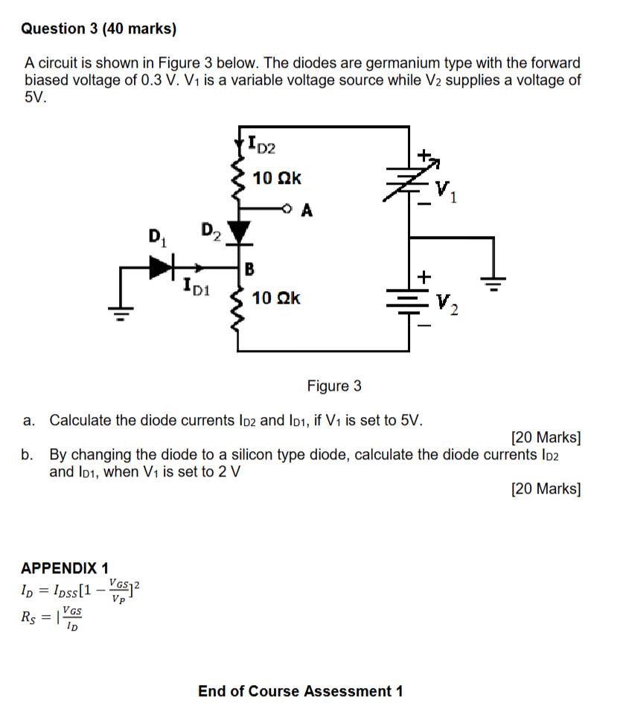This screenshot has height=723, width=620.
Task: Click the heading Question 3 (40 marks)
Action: (x=99, y=29)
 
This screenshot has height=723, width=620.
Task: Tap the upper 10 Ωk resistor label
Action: (x=277, y=179)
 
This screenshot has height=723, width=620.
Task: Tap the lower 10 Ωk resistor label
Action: (x=277, y=299)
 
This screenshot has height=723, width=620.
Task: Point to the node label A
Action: (x=307, y=211)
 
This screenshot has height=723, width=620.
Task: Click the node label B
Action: (x=250, y=268)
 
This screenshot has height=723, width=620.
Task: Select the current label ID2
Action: (x=261, y=143)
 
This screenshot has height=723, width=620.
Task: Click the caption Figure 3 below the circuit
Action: (x=334, y=386)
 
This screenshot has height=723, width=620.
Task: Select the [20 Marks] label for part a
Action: (x=546, y=437)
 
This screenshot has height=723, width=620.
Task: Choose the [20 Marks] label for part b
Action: (x=546, y=488)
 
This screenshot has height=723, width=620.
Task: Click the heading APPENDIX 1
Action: (x=65, y=569)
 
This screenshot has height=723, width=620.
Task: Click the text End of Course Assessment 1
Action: (x=301, y=691)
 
